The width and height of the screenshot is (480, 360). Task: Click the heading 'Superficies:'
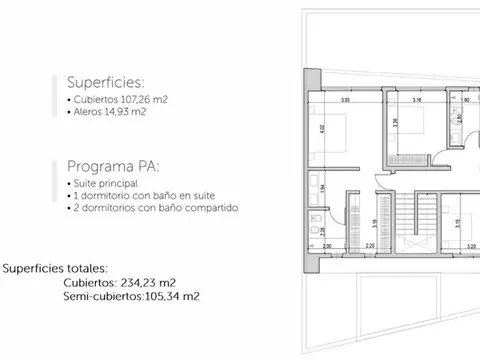106,83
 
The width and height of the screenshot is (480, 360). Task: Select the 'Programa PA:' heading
110,166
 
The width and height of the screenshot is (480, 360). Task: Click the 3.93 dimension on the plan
344,102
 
